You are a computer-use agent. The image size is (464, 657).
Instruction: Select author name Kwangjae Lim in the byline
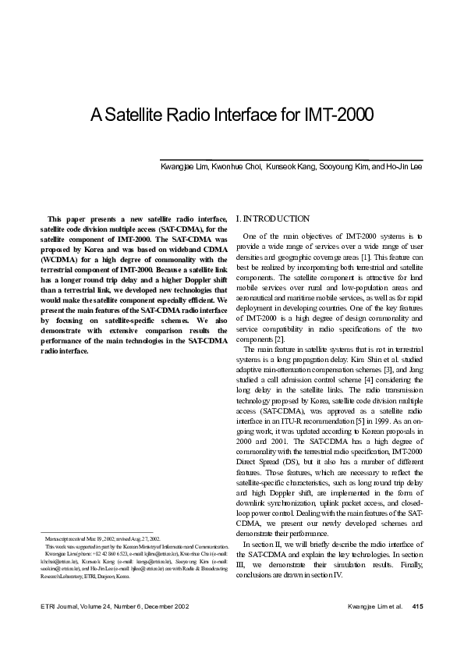(x=183, y=167)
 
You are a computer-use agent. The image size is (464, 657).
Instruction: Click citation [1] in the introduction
(x=376, y=256)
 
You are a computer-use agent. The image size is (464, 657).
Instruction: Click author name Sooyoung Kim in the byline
(x=341, y=167)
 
